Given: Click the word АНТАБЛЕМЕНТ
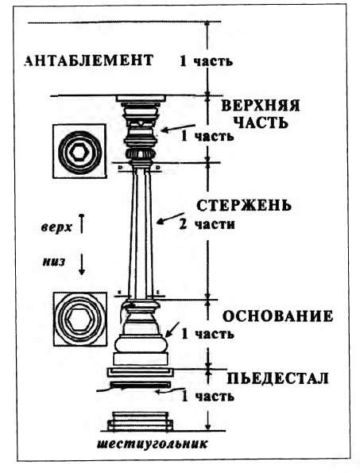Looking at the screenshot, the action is (88, 60).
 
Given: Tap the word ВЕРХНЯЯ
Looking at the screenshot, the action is (261, 106).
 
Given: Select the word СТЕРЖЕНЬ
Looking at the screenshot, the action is (244, 206).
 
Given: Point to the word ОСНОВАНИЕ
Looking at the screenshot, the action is (277, 316).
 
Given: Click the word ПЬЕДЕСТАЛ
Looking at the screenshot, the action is (277, 378).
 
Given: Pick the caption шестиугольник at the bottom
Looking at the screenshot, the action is (153, 444).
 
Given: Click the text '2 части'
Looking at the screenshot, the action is (207, 224).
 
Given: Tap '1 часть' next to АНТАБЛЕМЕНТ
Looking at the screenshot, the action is (207, 61).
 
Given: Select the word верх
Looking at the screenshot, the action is (56, 227).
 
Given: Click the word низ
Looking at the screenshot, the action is (53, 262).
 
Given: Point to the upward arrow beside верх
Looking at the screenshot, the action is (81, 223).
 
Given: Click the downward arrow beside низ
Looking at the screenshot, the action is (81, 264).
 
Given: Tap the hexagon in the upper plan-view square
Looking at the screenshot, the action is (79, 152).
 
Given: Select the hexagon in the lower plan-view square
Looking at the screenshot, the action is (79, 320).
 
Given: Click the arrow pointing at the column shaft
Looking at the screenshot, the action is (168, 219).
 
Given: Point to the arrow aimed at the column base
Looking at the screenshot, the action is (172, 329).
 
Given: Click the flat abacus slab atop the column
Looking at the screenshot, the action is (141, 99).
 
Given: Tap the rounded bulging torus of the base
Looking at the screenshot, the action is (141, 345).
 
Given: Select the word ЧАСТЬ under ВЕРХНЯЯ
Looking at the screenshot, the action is (261, 122).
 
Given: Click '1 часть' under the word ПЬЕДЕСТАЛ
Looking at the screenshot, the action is (207, 396).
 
